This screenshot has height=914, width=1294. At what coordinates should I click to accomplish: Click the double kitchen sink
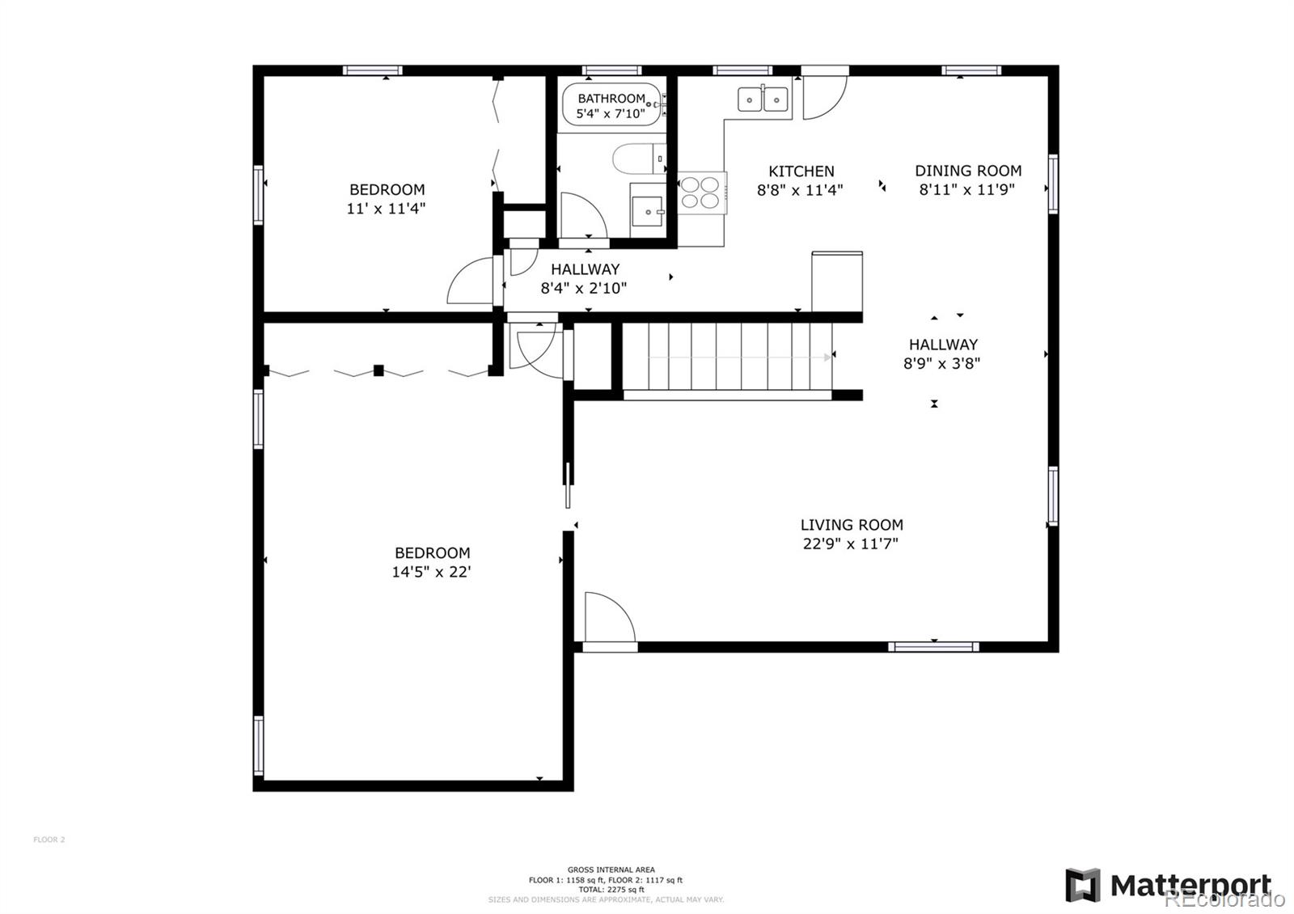pos(763,99)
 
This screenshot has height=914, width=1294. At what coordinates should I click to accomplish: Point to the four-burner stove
pos(700,193)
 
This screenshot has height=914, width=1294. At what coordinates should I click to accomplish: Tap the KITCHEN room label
pos(801,171)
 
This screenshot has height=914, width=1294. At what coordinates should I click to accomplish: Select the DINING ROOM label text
pos(968,171)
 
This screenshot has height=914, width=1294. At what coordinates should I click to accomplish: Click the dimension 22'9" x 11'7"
pos(850,544)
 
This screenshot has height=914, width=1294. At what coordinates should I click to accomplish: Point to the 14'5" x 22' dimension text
pos(431,572)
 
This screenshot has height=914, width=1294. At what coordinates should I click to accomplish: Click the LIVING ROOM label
pos(852,525)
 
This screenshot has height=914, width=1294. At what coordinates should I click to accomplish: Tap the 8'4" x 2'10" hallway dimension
pos(583,288)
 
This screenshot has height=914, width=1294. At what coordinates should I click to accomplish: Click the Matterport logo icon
pos(1082,885)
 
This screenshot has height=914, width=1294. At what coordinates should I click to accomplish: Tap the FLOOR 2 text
pos(49,840)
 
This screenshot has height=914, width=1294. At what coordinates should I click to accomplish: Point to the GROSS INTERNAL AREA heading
pos(611,870)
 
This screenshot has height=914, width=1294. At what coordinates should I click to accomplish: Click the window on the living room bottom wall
pos(933,646)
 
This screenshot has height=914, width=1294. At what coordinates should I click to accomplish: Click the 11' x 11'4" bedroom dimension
pos(386,209)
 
